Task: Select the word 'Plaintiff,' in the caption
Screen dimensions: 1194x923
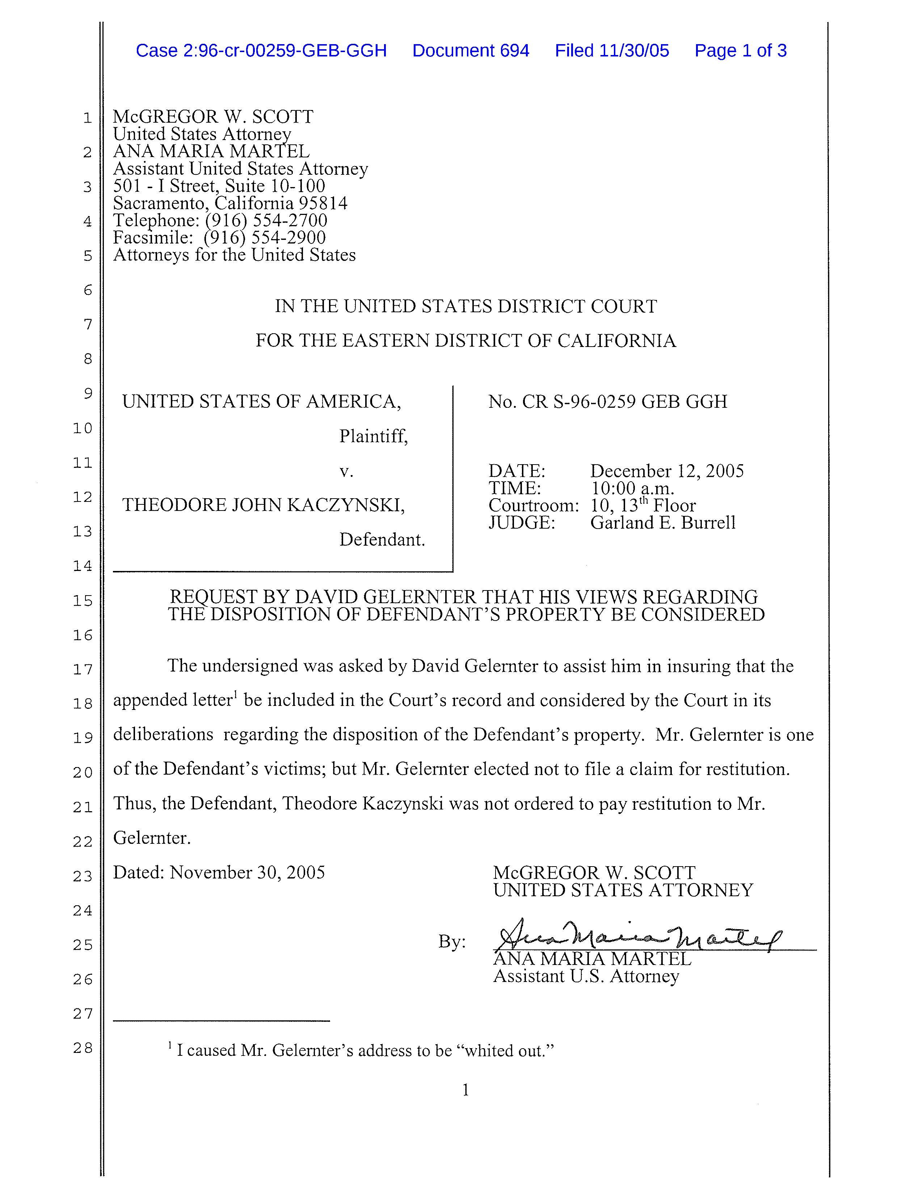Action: [374, 436]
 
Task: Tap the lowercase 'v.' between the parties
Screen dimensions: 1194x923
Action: [346, 471]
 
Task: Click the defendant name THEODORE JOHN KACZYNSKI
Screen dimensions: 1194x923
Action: [263, 505]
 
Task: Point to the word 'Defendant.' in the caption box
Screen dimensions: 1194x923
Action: [382, 540]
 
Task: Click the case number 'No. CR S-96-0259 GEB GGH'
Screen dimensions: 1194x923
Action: [607, 402]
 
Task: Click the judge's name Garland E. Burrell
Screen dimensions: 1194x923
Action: [663, 523]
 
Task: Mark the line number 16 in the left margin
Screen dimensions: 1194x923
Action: [83, 635]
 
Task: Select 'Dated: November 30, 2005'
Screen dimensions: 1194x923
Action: [219, 872]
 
